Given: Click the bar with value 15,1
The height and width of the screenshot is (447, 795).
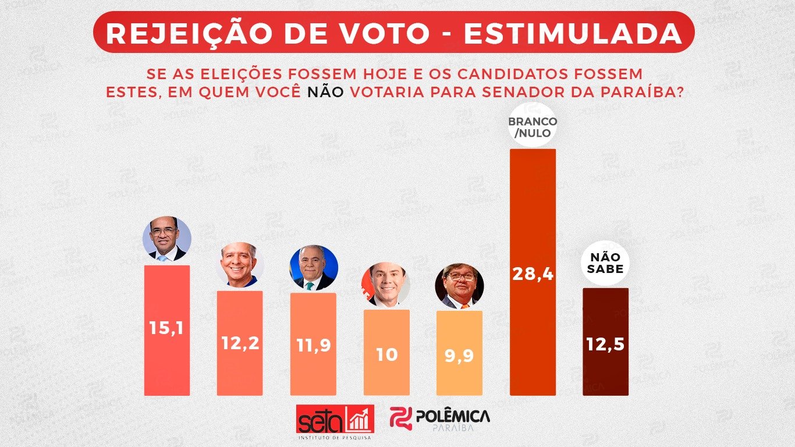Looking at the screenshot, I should coord(167,330).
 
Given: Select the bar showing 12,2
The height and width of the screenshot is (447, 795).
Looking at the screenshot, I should coord(240,343).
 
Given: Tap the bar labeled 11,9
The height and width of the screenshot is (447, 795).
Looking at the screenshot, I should coord(313,344).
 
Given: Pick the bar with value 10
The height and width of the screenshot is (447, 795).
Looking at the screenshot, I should coord(386,352).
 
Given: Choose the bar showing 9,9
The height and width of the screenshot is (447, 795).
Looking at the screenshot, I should coord(459,353).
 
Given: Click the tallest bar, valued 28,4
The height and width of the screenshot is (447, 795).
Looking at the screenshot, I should coord(533,272).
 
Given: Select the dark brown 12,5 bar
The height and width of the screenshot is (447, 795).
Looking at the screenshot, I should coord(605,342).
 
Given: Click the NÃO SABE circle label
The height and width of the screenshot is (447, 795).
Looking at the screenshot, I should coord(606,263).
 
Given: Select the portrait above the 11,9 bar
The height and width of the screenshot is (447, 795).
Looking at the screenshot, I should coord(313,268).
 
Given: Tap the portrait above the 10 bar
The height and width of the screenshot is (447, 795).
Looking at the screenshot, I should coord(386,285).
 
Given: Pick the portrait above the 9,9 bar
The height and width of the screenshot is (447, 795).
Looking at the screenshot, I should coord(459,286).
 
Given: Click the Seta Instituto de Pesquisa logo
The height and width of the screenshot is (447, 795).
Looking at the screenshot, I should coord(335,421).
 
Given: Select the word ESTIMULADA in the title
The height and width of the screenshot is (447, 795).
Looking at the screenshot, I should coord(573,33).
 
